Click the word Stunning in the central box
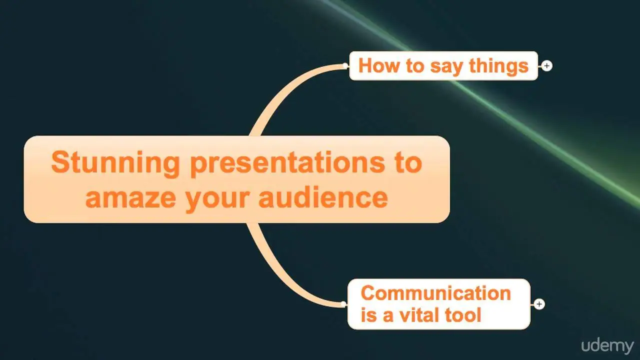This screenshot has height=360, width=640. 115,163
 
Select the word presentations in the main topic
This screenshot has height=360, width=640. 287,164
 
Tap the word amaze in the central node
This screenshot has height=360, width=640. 130,198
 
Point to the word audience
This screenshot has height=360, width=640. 323,196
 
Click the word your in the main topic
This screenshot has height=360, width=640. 217,200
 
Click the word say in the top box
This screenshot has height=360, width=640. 446,67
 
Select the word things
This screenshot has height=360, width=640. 498,66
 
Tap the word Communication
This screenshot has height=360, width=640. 435,293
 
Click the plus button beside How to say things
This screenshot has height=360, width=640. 546,66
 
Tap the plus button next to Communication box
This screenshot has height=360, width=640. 539,304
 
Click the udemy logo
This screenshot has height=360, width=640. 607,346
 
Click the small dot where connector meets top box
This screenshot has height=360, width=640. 345,66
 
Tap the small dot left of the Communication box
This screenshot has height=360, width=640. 343,304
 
